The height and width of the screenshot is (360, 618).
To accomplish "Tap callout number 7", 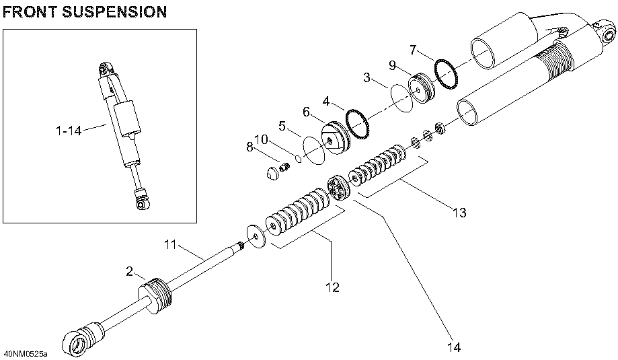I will (414, 50).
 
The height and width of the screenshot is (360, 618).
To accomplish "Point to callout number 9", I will (393, 66).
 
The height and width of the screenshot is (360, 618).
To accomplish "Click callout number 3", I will (368, 78).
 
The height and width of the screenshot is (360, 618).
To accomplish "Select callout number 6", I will (307, 112).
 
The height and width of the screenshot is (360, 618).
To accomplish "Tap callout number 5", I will (282, 124).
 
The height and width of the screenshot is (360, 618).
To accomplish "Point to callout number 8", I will (250, 147).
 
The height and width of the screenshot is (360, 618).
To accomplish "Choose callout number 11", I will (171, 245).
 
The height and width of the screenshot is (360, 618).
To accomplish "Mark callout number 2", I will (129, 271).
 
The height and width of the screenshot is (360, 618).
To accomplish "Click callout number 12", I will (332, 287).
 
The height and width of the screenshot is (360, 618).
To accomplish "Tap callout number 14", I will (455, 347).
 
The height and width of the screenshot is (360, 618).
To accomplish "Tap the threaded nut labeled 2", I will (156, 296).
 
